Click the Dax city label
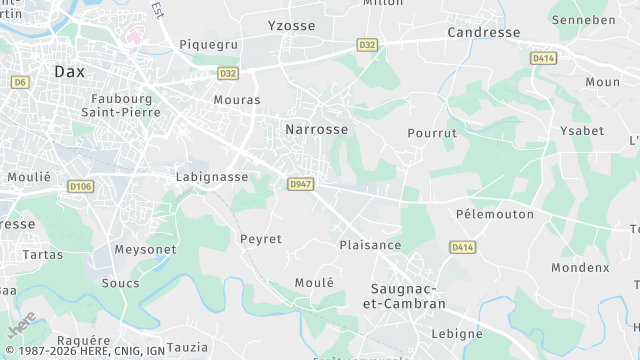coord(70,71)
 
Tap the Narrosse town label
coord(316,130)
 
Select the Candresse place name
coord(485,33)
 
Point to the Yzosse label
coord(291,25)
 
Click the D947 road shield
coord(300,184)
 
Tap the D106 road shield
coord(81,186)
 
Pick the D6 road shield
coord(21,82)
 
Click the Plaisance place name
coord(370,245)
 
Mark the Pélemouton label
coord(494,214)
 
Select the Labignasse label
coord(212,177)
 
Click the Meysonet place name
coord(145,249)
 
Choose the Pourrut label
coord(432,133)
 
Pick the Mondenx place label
coord(580,268)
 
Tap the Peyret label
coord(261,239)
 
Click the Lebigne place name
coord(456,333)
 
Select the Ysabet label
coord(582,131)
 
